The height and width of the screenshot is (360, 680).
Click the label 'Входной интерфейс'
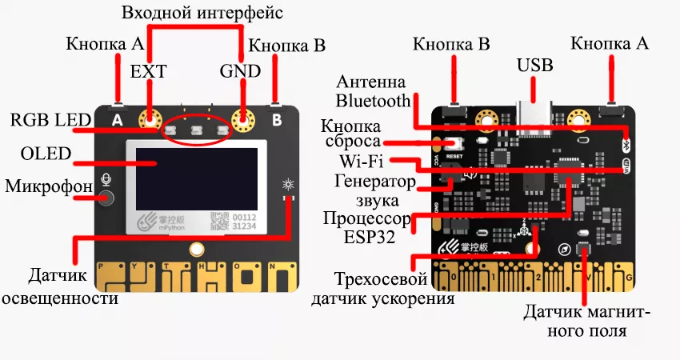point(202,14)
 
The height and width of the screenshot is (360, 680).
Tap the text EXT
point(149,71)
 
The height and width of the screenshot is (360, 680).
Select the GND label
point(240,71)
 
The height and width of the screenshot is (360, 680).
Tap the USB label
point(535,66)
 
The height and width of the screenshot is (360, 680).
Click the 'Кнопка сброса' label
point(350,135)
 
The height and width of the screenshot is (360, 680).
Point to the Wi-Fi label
point(359,162)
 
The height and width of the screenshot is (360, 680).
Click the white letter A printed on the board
point(118,121)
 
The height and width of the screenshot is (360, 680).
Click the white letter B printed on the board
point(277,121)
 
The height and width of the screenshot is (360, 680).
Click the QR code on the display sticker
point(218,221)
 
